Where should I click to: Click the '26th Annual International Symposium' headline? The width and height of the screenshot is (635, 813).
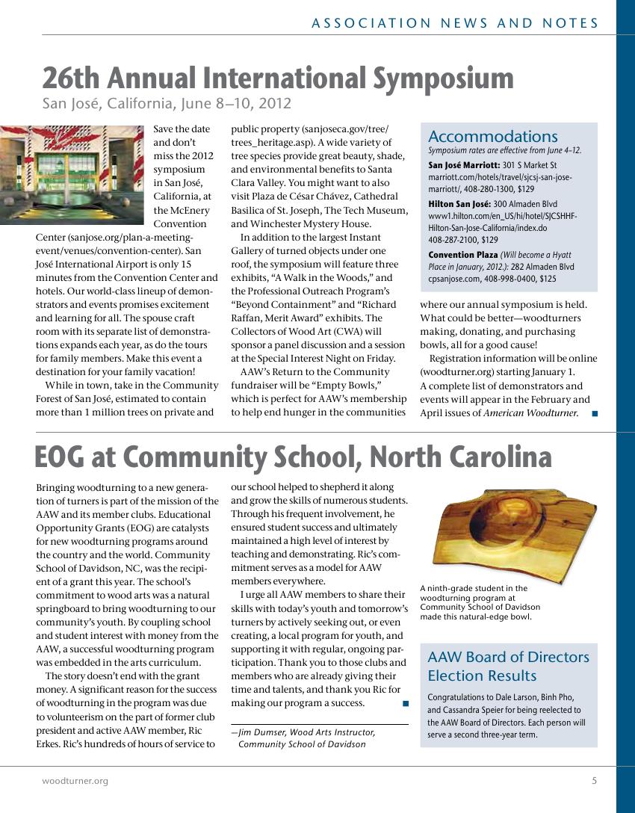tap(278, 78)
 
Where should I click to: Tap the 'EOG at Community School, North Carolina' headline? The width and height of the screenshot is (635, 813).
tap(294, 457)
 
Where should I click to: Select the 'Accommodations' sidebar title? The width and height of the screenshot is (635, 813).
tap(493, 137)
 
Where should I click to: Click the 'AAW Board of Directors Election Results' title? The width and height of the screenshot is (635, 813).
tap(508, 666)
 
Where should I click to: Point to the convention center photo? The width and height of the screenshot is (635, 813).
tap(72, 175)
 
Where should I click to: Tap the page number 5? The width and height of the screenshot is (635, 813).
tap(595, 781)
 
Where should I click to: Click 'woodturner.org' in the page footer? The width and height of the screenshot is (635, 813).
tap(75, 781)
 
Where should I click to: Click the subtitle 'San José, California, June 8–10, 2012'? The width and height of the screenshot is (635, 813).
tap(166, 104)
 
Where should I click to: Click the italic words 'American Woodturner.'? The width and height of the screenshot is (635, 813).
tap(531, 413)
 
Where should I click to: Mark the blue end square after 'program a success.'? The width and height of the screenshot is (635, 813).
tap(405, 703)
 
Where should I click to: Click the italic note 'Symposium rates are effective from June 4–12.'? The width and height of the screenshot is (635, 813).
tap(504, 150)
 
